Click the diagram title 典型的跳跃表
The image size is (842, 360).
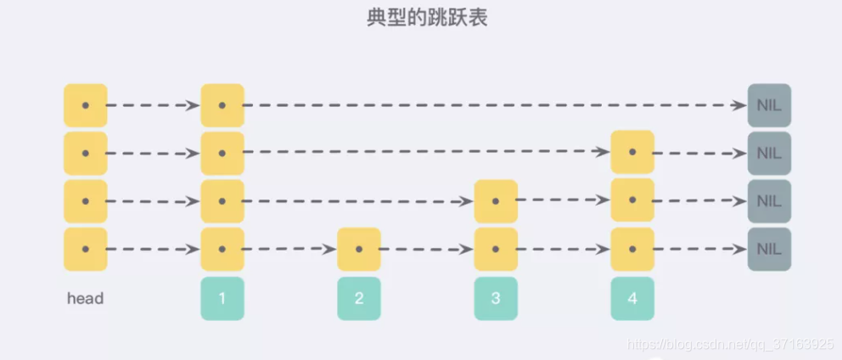pos(421,19)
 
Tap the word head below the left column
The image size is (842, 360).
pos(85,299)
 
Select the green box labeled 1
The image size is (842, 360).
pos(222,299)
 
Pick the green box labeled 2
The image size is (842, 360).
pos(359,299)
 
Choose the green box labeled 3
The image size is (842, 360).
pos(496,299)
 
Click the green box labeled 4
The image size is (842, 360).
pos(632,299)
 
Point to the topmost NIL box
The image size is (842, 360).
pos(769,105)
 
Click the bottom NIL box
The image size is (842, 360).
pos(769,250)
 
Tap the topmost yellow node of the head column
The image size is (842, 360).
pos(85,105)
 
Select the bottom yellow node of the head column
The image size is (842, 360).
pos(85,250)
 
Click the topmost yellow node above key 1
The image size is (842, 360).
pos(222,105)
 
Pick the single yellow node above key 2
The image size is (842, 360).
pos(359,250)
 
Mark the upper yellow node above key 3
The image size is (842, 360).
pos(496,202)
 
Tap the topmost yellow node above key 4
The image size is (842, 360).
pos(632,153)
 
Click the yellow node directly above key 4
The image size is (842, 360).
pos(632,250)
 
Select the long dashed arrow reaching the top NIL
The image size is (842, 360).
pos(492,105)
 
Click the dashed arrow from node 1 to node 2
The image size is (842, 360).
pos(290,250)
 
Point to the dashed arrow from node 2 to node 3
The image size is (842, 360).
pos(427,250)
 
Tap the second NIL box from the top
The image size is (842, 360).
pos(769,154)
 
